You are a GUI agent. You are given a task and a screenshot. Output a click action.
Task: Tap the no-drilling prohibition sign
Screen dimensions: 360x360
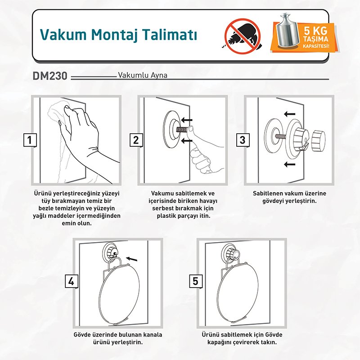[x=242, y=36]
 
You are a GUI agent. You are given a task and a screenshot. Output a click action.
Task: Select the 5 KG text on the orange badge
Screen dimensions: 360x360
[x=316, y=31]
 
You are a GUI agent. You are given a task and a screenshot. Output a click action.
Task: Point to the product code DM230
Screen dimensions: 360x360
[x=50, y=76]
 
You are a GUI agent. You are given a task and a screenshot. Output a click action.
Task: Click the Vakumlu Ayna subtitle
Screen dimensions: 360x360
[x=143, y=75]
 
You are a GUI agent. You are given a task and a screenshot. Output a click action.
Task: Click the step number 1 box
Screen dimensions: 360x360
[x=30, y=140]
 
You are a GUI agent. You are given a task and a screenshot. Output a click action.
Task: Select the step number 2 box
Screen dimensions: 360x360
[x=136, y=140]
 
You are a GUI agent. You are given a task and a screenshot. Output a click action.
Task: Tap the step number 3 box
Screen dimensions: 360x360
[x=243, y=140]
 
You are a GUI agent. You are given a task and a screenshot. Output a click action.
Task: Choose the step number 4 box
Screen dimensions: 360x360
[x=72, y=281]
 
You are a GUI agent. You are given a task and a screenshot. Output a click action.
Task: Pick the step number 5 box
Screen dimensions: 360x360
[x=195, y=281]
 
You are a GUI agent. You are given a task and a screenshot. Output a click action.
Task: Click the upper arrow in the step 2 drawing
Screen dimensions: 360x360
[x=186, y=120]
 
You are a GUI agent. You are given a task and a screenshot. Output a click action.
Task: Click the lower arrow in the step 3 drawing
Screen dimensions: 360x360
[x=289, y=164]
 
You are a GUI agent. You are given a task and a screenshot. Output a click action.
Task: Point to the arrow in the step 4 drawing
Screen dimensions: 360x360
[x=132, y=259]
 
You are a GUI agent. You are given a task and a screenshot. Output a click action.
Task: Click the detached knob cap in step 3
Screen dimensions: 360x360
[x=319, y=140]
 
